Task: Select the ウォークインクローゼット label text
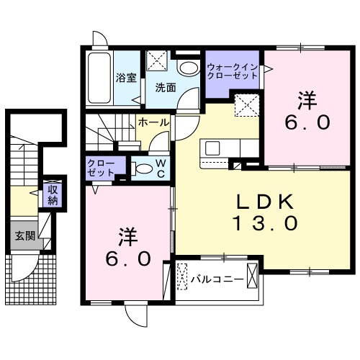[x=233, y=69]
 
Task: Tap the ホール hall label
[x=153, y=122]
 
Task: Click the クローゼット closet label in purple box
[x=99, y=168]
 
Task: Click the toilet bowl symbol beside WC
[x=143, y=169]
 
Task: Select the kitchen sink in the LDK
[x=214, y=148]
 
